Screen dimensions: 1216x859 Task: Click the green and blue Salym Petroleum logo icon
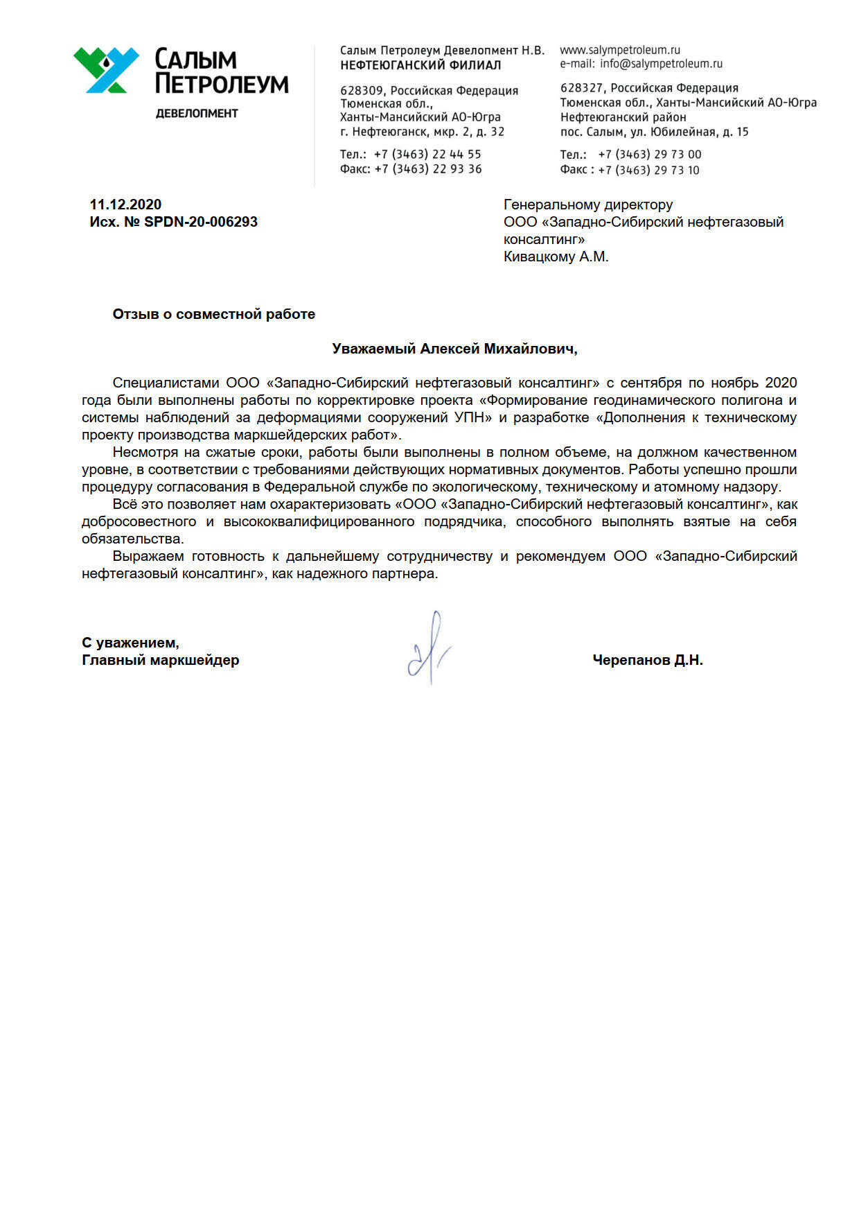pyautogui.click(x=106, y=69)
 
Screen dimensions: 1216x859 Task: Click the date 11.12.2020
pyautogui.click(x=125, y=205)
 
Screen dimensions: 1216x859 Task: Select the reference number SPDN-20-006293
pyautogui.click(x=201, y=222)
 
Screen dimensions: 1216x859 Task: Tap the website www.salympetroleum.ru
pyautogui.click(x=620, y=50)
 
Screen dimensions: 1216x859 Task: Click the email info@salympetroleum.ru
pyautogui.click(x=661, y=64)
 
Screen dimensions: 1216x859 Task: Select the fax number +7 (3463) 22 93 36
pyautogui.click(x=427, y=169)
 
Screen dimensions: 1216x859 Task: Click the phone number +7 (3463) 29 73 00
pyautogui.click(x=649, y=155)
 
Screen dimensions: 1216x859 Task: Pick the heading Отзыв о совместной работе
pyautogui.click(x=213, y=314)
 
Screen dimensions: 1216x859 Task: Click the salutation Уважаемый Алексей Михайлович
pyautogui.click(x=454, y=349)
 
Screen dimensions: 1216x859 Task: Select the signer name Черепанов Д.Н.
pyautogui.click(x=648, y=660)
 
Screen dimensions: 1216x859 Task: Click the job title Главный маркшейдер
pyautogui.click(x=160, y=660)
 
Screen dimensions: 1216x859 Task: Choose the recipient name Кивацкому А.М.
pyautogui.click(x=556, y=257)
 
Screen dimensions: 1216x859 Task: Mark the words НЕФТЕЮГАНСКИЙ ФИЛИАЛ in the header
pyautogui.click(x=420, y=65)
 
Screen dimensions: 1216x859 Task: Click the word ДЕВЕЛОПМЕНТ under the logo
pyautogui.click(x=197, y=114)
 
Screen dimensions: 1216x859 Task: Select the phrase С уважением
pyautogui.click(x=130, y=643)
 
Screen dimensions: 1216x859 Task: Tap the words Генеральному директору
pyautogui.click(x=588, y=205)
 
